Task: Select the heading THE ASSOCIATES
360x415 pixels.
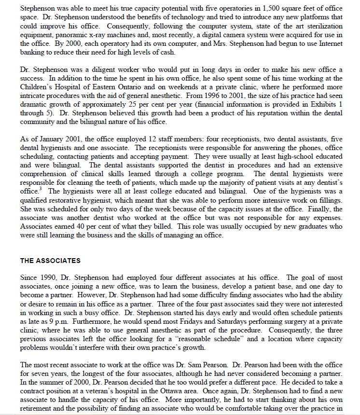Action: click(x=50, y=261)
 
